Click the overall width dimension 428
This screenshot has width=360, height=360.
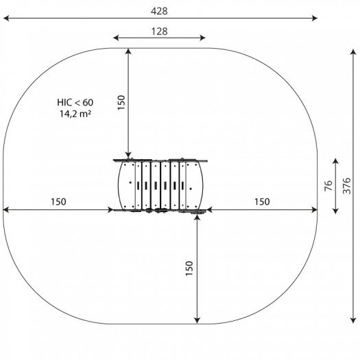pyautogui.click(x=159, y=11)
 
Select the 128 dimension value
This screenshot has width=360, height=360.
pyautogui.click(x=159, y=32)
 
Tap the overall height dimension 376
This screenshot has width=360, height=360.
pyautogui.click(x=347, y=186)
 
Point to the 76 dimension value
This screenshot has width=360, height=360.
pyautogui.click(x=328, y=186)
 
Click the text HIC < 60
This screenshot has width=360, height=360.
pyautogui.click(x=75, y=102)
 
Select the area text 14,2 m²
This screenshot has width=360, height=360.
pyautogui.click(x=75, y=114)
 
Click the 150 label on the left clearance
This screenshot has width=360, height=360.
pyautogui.click(x=58, y=202)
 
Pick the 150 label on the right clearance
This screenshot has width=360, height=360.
pyautogui.click(x=262, y=202)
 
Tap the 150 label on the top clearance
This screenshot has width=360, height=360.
pyautogui.click(x=121, y=102)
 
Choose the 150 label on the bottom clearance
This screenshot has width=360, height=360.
pyautogui.click(x=189, y=268)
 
